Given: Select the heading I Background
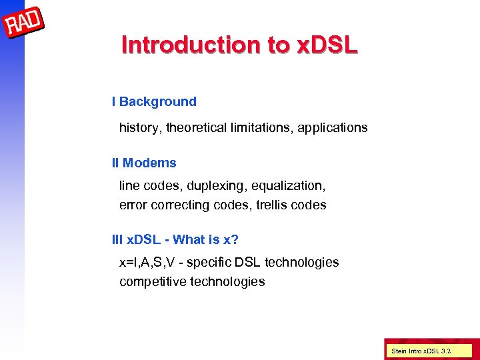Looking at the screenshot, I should pyautogui.click(x=154, y=102).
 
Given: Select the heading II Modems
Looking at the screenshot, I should pyautogui.click(x=144, y=163).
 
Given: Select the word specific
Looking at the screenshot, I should pyautogui.click(x=207, y=263).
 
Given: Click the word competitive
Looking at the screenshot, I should pyautogui.click(x=153, y=282).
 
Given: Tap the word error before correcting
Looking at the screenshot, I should pyautogui.click(x=133, y=205).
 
